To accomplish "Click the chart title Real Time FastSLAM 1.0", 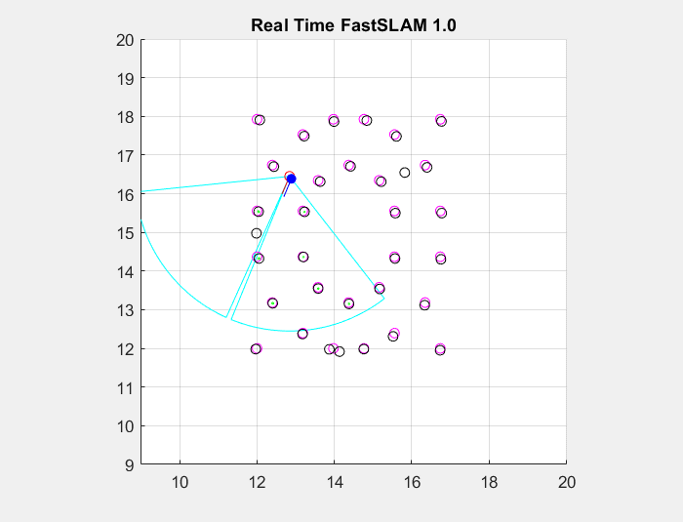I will click(x=353, y=24).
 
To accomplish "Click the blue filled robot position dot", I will click(x=291, y=179).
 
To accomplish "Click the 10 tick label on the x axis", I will click(x=180, y=481).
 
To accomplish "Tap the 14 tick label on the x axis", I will click(x=335, y=481).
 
